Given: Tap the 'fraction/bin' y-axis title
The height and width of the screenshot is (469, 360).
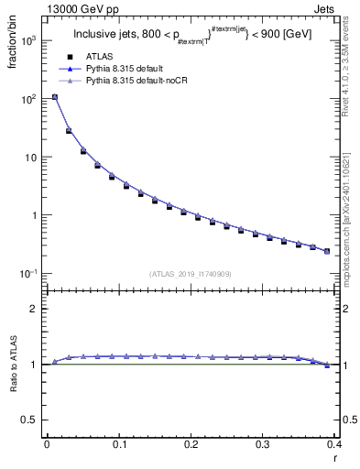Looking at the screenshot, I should (x=11, y=44).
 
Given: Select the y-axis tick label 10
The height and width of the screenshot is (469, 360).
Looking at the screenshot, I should (x=31, y=158).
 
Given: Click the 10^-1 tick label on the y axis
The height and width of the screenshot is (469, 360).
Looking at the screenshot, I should (x=28, y=274).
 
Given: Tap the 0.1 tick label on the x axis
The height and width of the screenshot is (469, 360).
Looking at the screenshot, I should (x=118, y=445).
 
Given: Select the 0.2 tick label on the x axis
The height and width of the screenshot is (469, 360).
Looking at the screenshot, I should (x=191, y=445).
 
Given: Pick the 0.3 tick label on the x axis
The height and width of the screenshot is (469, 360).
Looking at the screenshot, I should (x=263, y=445).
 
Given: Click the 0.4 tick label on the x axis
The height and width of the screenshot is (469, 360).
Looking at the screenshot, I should (x=333, y=445).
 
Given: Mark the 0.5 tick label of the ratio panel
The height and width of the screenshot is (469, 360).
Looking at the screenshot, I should (x=30, y=420).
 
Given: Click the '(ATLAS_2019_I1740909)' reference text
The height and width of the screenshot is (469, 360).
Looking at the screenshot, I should (x=190, y=273).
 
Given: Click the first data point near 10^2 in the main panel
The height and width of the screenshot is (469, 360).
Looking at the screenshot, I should (x=54, y=97).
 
